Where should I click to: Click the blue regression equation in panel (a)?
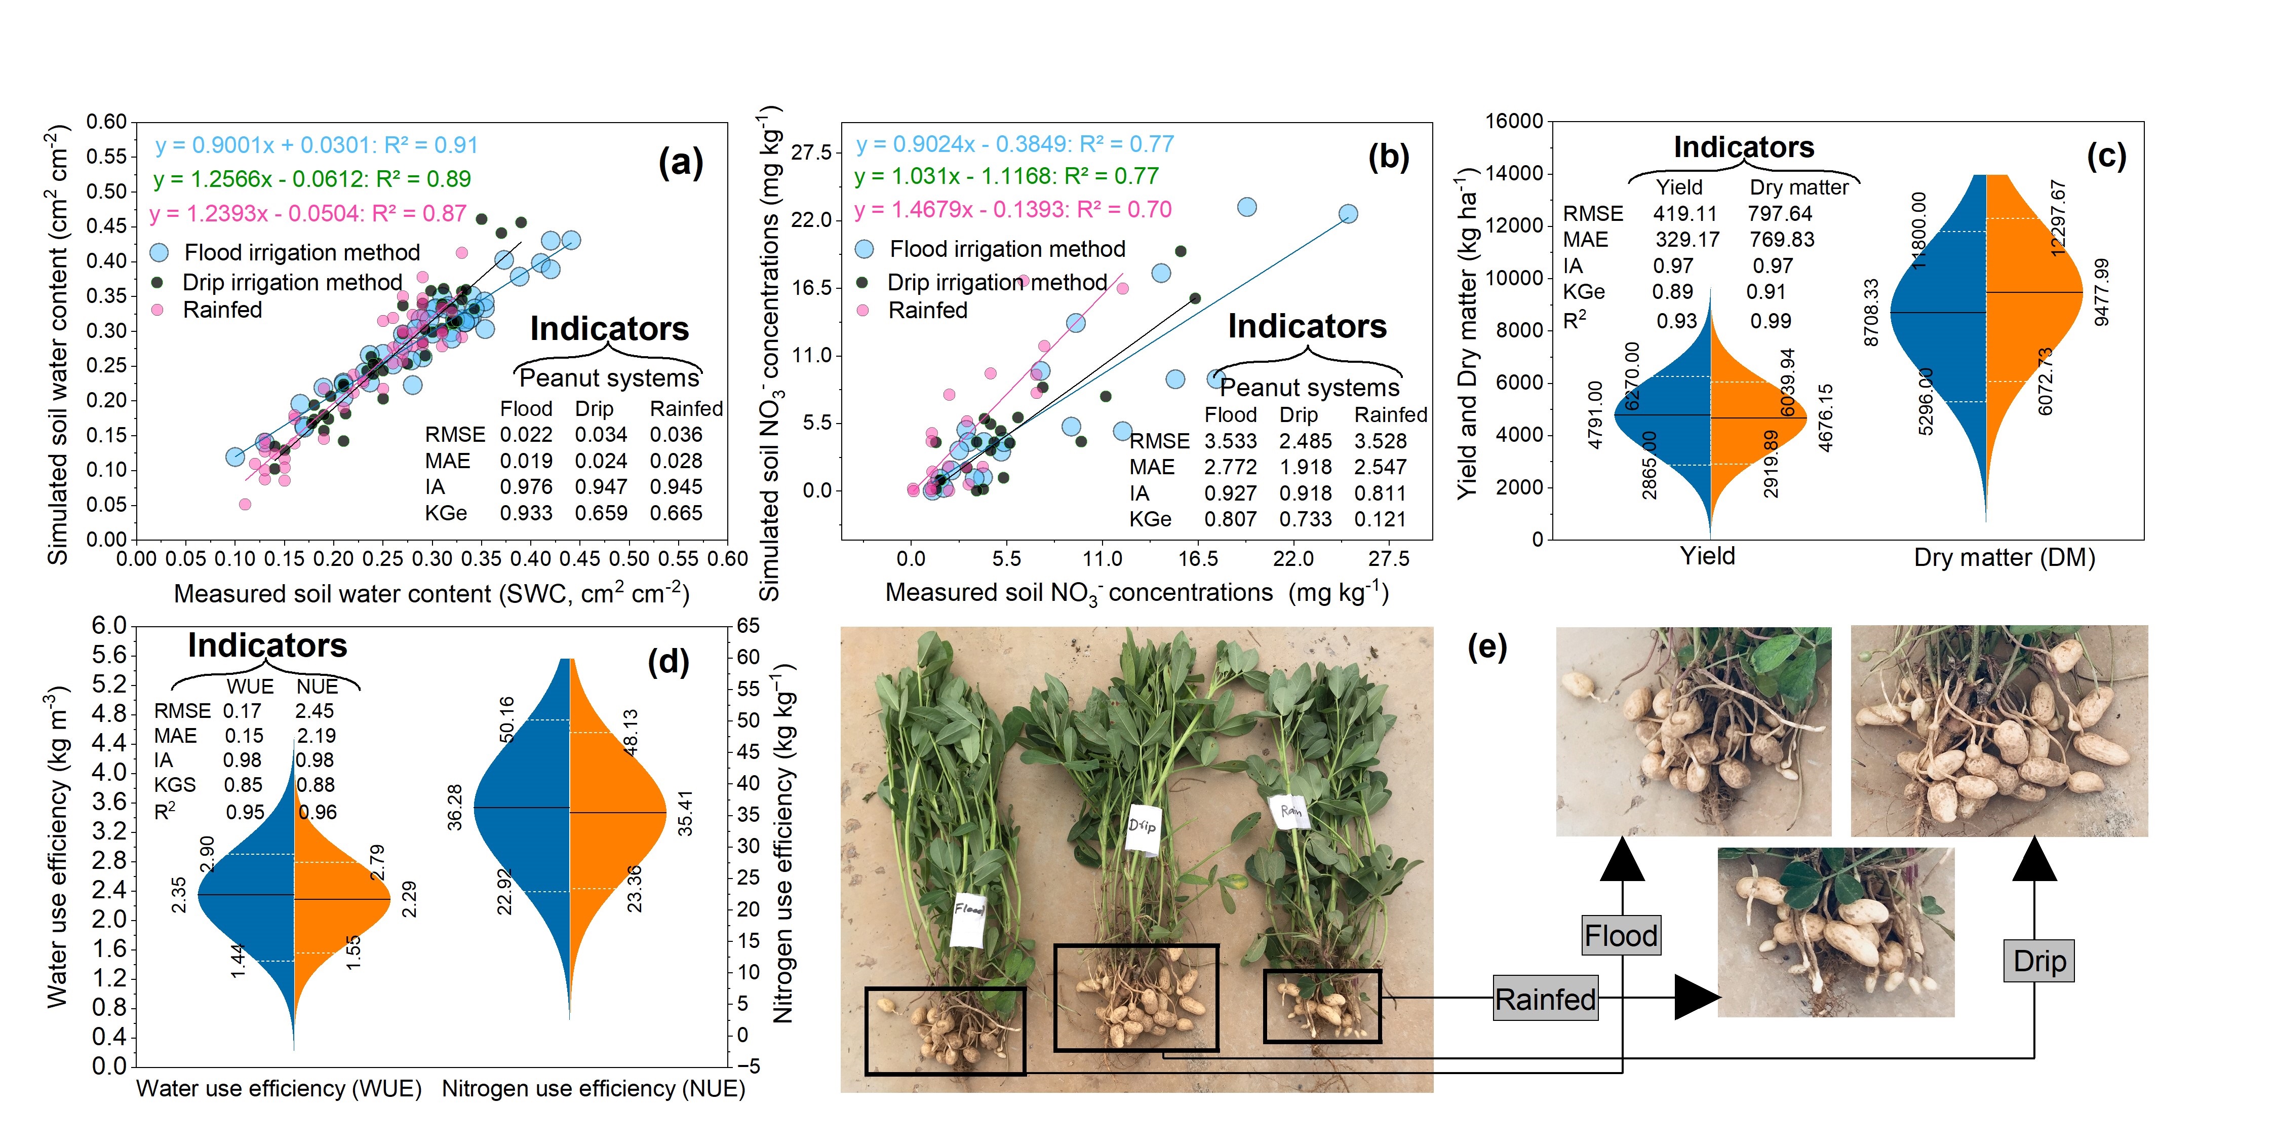click(x=317, y=145)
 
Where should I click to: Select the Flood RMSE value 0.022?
click(x=526, y=435)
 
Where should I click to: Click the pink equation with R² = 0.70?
click(x=1013, y=210)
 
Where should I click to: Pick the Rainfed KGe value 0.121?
click(x=1380, y=519)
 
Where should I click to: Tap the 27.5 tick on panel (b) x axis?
click(x=1389, y=559)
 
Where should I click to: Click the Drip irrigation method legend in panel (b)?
click(x=996, y=282)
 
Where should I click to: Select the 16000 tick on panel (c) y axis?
click(x=1513, y=121)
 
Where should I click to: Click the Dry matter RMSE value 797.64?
click(x=1779, y=214)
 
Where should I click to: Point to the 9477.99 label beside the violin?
click(x=2102, y=292)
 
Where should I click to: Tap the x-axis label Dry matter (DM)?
click(x=2004, y=558)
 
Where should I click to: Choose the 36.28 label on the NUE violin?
click(x=454, y=807)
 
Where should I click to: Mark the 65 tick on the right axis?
click(x=748, y=626)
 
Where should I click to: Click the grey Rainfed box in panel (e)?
click(x=1545, y=999)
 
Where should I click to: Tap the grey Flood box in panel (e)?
click(x=1621, y=935)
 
